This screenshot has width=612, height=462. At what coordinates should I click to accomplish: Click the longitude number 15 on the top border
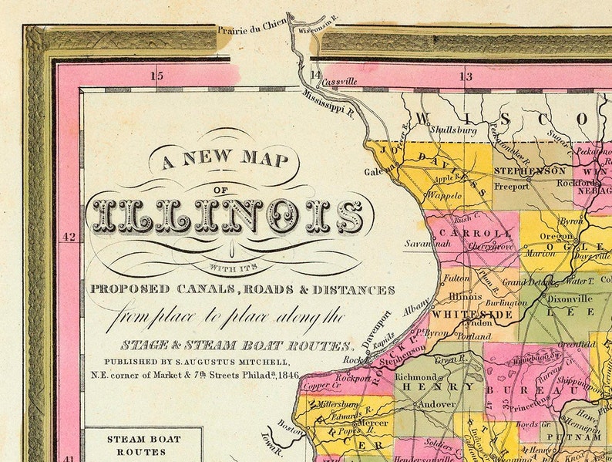157,76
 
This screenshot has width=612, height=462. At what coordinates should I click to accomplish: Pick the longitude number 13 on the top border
466,76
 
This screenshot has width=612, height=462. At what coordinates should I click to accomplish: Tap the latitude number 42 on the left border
69,237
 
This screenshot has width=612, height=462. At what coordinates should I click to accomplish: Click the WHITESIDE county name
461,315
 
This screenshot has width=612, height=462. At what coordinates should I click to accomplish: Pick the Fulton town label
457,277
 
